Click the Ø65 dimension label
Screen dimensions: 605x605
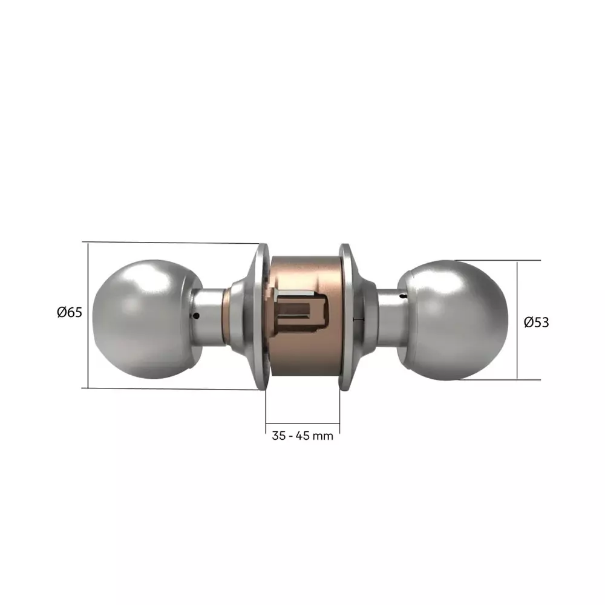pos(69,312)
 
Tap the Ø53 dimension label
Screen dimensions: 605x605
pos(536,322)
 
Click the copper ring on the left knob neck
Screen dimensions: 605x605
pos(226,318)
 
